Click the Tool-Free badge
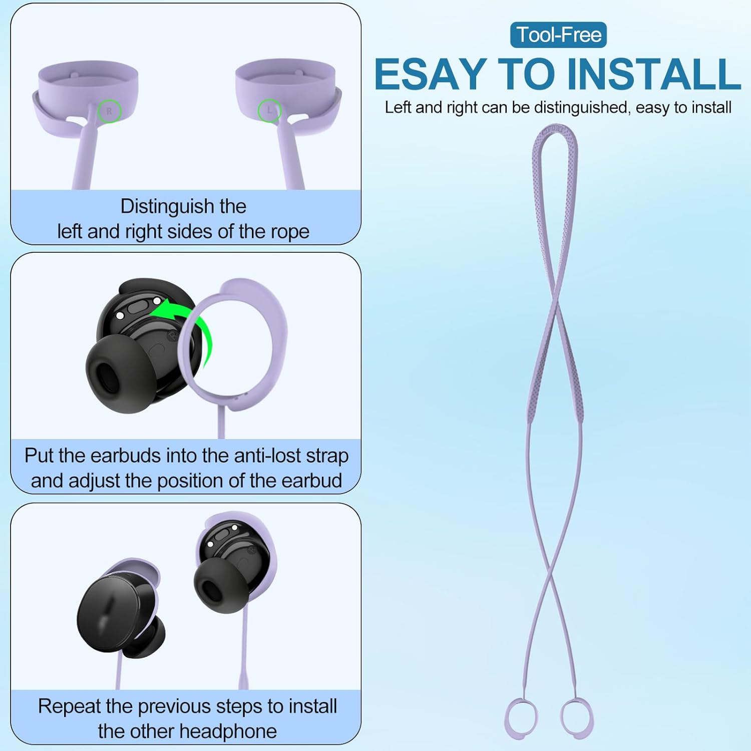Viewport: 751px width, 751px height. pyautogui.click(x=558, y=35)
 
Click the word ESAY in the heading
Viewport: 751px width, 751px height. pyautogui.click(x=430, y=74)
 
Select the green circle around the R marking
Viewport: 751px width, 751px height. pyautogui.click(x=109, y=111)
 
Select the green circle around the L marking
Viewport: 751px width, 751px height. pyautogui.click(x=269, y=111)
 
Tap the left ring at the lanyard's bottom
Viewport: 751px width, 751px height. pyautogui.click(x=521, y=717)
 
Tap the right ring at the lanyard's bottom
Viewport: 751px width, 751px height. pyautogui.click(x=577, y=717)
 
